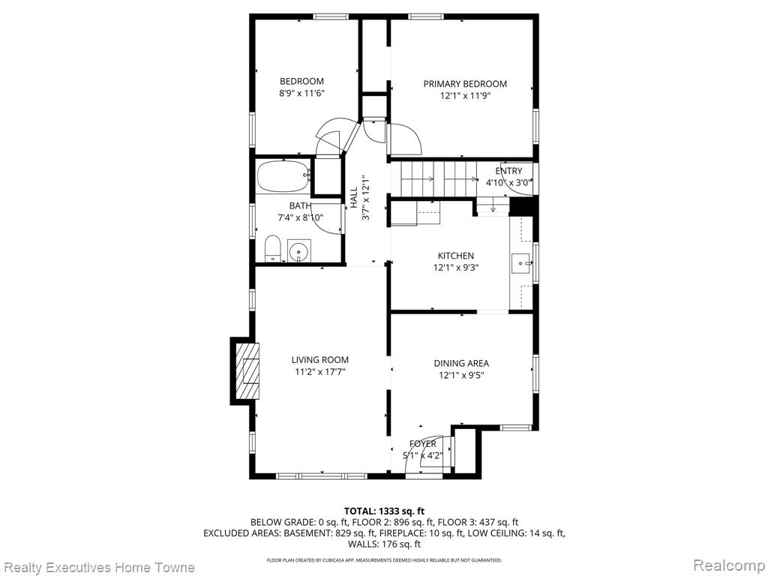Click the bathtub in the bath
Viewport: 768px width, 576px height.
(283, 175)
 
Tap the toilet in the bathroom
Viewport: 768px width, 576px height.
(271, 248)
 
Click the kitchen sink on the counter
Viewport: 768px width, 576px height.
(521, 263)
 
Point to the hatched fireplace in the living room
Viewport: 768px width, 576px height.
(247, 370)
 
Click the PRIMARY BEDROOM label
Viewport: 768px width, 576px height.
(465, 84)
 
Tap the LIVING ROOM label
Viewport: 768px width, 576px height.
(319, 360)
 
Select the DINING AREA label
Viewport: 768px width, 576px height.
(461, 364)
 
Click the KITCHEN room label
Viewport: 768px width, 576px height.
(455, 256)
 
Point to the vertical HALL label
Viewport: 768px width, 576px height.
(354, 198)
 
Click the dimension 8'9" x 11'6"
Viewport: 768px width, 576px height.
(301, 93)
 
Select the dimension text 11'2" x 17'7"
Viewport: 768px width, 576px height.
(319, 372)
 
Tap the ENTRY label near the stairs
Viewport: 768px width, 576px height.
(508, 171)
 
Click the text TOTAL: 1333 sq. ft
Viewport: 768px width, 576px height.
(384, 511)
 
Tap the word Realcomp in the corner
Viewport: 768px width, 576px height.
(729, 566)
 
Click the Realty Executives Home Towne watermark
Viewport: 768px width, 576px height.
(100, 568)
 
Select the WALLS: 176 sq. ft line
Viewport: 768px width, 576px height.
(384, 544)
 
